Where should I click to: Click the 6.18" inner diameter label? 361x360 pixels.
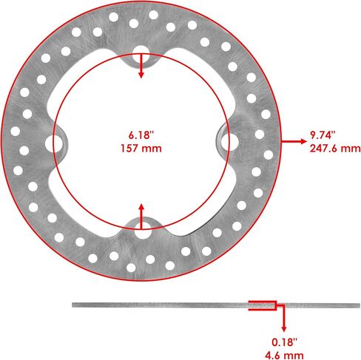pyautogui.click(x=141, y=135)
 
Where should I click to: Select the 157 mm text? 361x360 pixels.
pyautogui.click(x=141, y=149)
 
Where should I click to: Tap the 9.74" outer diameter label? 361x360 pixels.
pyautogui.click(x=323, y=135)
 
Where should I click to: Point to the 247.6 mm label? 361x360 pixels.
pyautogui.click(x=335, y=149)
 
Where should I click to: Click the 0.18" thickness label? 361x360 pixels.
pyautogui.click(x=284, y=342)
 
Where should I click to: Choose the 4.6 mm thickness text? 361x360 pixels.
pyautogui.click(x=284, y=356)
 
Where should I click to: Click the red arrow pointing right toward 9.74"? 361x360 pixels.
pyautogui.click(x=294, y=141)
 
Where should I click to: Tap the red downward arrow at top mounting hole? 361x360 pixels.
pyautogui.click(x=141, y=66)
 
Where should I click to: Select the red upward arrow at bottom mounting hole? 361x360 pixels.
pyautogui.click(x=141, y=217)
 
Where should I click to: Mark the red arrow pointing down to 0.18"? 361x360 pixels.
pyautogui.click(x=284, y=318)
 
